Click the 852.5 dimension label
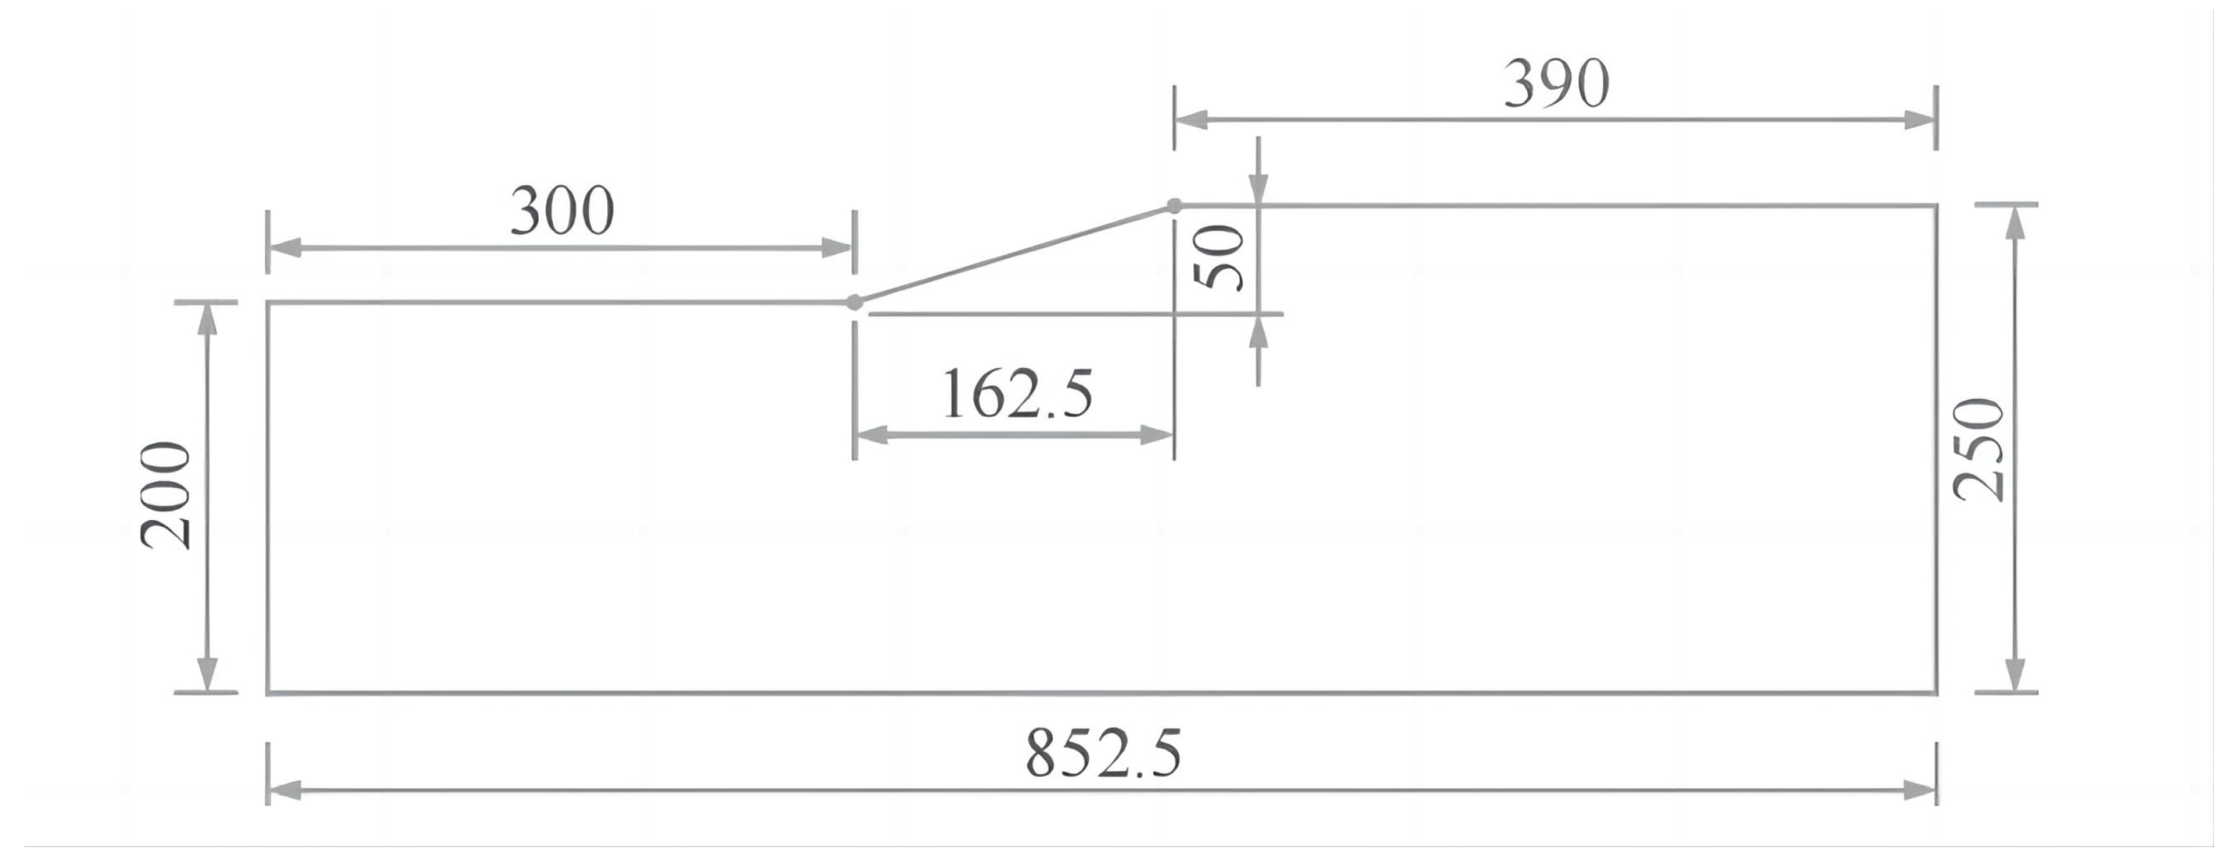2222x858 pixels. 1103,753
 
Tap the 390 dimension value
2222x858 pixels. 1556,84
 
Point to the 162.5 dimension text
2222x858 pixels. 1017,394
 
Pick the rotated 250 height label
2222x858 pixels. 1979,449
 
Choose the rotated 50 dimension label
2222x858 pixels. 1219,257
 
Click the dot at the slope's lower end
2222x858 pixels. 854,303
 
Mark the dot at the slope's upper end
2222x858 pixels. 1174,205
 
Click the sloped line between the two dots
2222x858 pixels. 1014,255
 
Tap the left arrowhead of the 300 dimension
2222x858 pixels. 285,248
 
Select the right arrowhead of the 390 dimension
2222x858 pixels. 1919,120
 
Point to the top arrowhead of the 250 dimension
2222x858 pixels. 2015,223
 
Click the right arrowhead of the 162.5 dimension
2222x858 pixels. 1156,436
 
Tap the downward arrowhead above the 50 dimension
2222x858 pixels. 1259,189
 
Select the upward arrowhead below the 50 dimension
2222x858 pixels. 1259,332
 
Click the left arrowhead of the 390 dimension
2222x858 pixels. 1192,120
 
